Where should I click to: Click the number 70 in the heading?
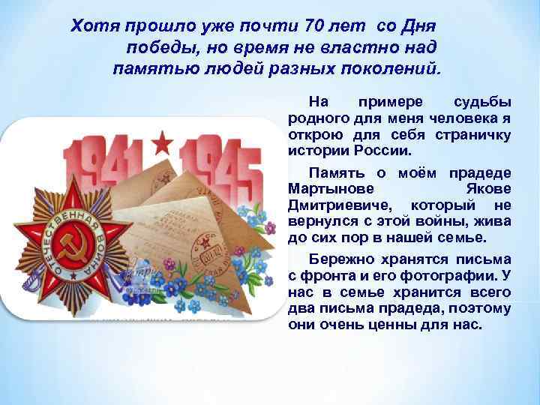tap(315, 26)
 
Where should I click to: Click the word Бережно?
tap(338, 259)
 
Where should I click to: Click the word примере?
tap(391, 101)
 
